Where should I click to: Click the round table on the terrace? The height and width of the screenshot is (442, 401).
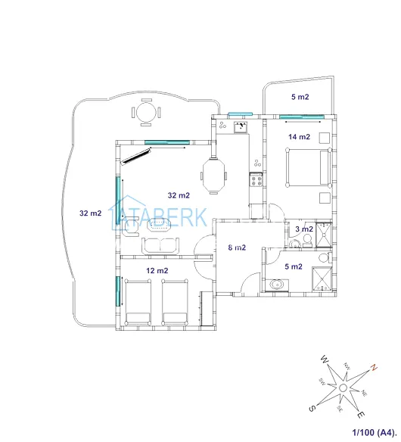point(146,113)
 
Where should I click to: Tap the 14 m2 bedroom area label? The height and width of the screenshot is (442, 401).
point(300,137)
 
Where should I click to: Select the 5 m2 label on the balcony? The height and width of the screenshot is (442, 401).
point(300,97)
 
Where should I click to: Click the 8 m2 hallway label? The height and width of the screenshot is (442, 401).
point(237,247)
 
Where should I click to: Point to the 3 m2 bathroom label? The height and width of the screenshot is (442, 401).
point(304,229)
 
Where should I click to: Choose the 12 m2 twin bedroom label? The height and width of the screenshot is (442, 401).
point(157,271)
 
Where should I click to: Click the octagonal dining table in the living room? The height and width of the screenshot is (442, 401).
point(214,176)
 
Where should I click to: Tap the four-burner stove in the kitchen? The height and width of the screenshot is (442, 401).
point(256,180)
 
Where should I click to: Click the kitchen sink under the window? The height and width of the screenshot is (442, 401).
point(241,126)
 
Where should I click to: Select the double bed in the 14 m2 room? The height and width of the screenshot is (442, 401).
point(308,167)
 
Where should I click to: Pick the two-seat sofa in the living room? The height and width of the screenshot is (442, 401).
point(160,246)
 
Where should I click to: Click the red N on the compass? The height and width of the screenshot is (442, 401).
point(374,368)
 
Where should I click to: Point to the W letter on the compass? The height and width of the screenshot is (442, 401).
point(325,360)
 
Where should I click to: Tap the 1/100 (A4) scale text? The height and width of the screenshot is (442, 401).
point(375,432)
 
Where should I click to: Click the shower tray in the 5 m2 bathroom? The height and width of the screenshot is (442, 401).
point(322,279)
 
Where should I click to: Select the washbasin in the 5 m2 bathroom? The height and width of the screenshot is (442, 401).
point(276,284)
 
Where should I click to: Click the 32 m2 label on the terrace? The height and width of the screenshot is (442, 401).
point(91,213)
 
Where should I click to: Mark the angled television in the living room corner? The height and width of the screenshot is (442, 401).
point(135,157)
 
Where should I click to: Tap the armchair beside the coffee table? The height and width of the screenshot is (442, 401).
point(130,226)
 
